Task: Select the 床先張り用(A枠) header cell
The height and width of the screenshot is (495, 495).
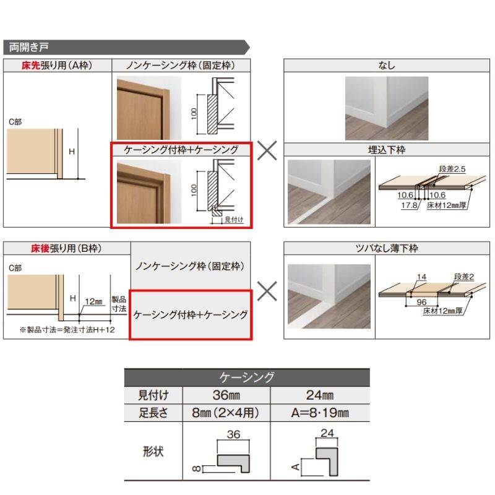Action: [x=57, y=65]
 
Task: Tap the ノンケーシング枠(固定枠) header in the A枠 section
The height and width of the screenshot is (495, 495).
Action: [x=181, y=65]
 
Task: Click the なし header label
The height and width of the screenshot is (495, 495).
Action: [x=387, y=65]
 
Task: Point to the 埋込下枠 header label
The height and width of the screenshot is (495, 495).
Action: [x=387, y=150]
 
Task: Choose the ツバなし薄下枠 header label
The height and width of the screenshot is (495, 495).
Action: [x=387, y=249]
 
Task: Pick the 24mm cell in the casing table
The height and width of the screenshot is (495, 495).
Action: [x=320, y=395]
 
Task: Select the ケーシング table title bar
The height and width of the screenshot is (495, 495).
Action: [x=247, y=377]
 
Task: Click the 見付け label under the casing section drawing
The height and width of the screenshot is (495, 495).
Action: [x=234, y=220]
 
